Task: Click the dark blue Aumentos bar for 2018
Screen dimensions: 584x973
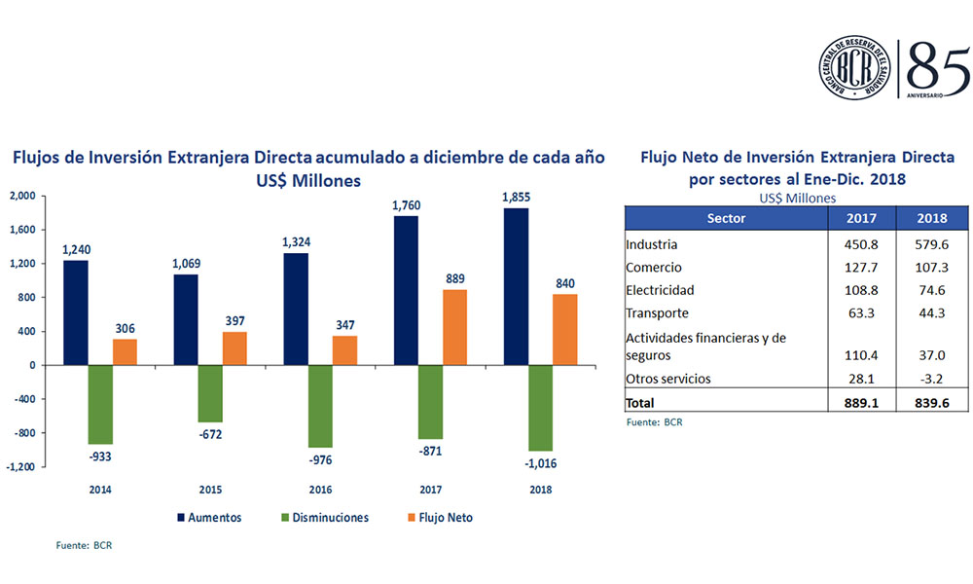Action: click(516, 286)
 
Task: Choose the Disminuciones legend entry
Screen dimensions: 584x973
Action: click(329, 518)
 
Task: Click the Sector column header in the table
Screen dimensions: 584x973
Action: click(726, 218)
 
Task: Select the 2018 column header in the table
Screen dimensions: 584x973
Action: click(930, 218)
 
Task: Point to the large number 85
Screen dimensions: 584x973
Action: click(936, 66)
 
